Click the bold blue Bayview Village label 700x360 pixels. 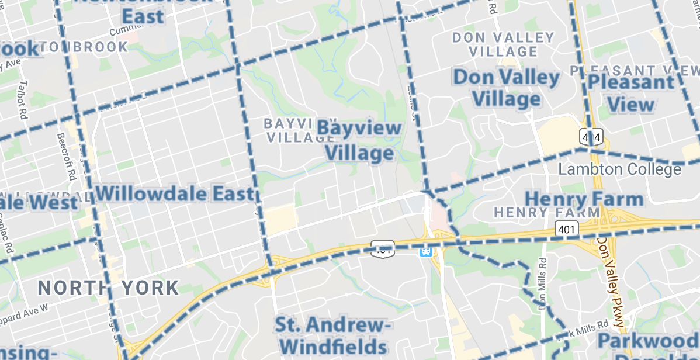pyautogui.click(x=359, y=141)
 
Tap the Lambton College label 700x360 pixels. pyautogui.click(x=619, y=169)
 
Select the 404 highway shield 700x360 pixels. pyautogui.click(x=591, y=137)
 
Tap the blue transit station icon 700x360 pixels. pyautogui.click(x=426, y=251)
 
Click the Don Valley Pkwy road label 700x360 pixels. pyautogui.click(x=610, y=275)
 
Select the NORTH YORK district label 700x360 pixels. pyautogui.click(x=109, y=288)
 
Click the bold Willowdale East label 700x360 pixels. pyautogui.click(x=175, y=193)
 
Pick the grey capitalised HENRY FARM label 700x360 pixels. pyautogui.click(x=547, y=212)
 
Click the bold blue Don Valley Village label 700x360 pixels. pyautogui.click(x=507, y=88)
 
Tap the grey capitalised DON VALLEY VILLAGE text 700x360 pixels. pyautogui.click(x=503, y=44)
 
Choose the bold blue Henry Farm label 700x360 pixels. pyautogui.click(x=584, y=199)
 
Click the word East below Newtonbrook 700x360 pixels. pyautogui.click(x=143, y=17)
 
